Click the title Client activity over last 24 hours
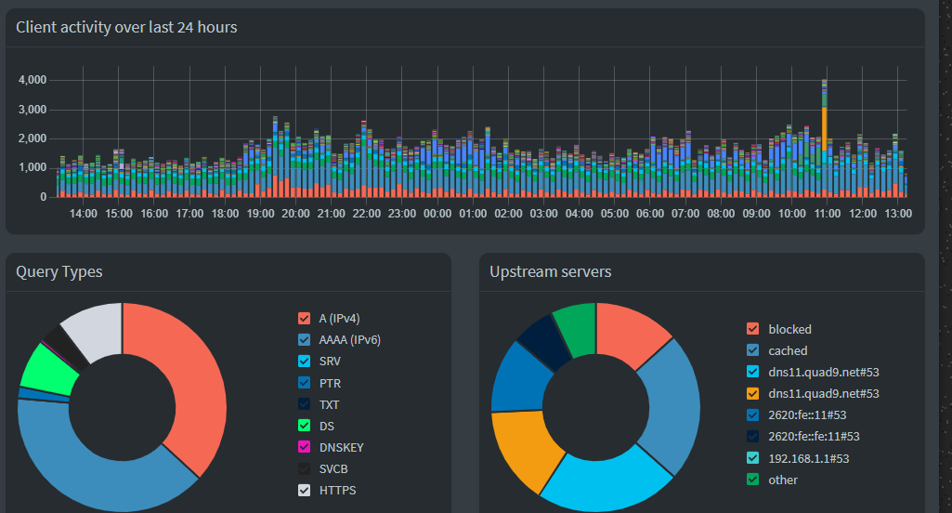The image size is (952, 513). click(126, 28)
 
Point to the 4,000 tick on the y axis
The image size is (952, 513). click(33, 80)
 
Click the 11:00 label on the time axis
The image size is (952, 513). click(828, 214)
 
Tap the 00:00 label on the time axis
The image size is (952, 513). click(437, 214)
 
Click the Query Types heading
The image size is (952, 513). click(59, 272)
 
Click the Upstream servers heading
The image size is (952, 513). click(551, 272)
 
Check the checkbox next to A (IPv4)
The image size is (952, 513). click(304, 319)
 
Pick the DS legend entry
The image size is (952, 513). click(327, 426)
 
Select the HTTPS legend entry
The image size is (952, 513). click(337, 490)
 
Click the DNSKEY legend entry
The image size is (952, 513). click(341, 447)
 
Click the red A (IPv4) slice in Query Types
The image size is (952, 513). click(190, 381)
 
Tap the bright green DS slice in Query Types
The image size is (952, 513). click(48, 370)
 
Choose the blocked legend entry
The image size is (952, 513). click(789, 329)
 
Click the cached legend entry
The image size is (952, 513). click(788, 350)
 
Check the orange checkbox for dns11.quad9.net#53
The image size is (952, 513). click(753, 394)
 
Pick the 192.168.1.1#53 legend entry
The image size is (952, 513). click(808, 458)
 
